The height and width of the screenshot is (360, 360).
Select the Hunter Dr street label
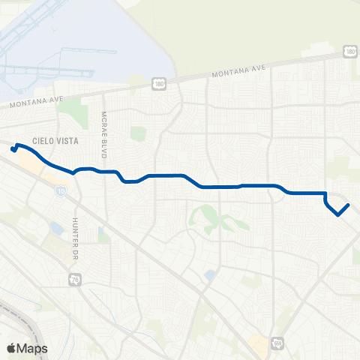pyautogui.click(x=76, y=229)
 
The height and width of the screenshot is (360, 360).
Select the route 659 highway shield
pyautogui.click(x=278, y=341)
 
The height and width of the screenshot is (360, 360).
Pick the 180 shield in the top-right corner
pyautogui.click(x=350, y=50)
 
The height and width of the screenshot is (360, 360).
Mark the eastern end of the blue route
pyautogui.click(x=349, y=205)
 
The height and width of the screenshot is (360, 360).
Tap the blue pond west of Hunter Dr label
pyautogui.click(x=56, y=227)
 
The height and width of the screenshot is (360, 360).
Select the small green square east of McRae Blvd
pyautogui.click(x=137, y=133)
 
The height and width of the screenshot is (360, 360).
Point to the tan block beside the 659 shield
pyautogui.click(x=259, y=343)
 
